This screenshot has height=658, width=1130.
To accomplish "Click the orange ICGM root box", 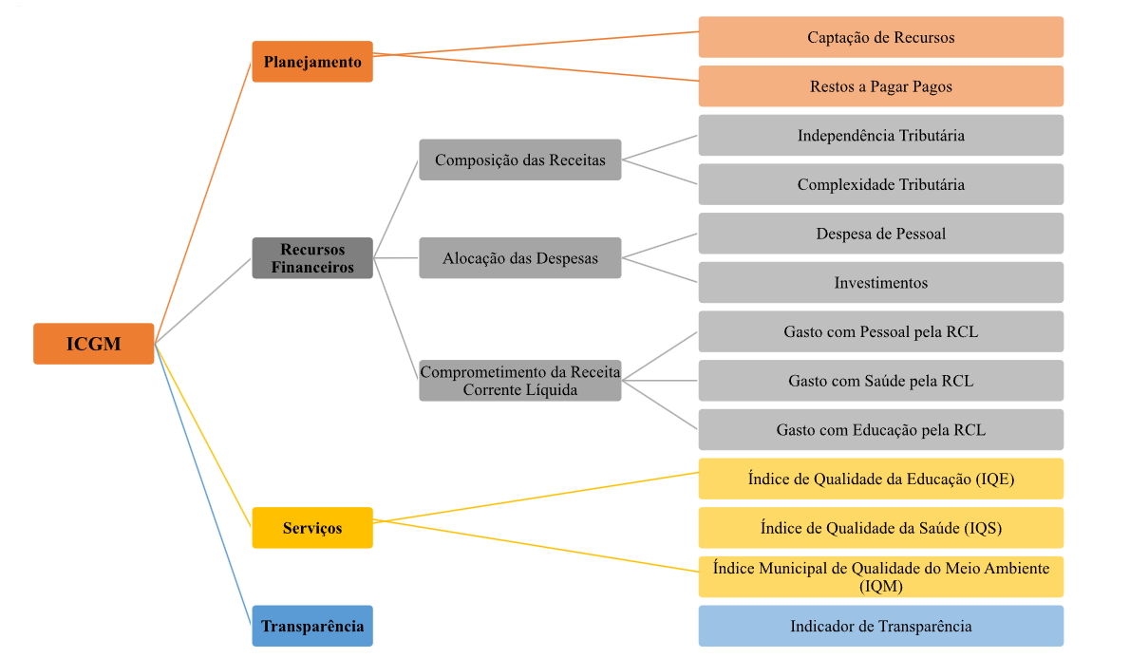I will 93,344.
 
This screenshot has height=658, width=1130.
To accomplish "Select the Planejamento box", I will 312,62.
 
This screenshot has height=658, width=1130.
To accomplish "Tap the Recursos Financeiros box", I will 312,257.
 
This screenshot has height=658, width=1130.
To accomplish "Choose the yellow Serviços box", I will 312,527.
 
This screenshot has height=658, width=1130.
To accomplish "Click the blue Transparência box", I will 312,626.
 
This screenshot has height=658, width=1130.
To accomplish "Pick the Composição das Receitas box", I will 519,160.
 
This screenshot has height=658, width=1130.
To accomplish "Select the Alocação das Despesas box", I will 519,257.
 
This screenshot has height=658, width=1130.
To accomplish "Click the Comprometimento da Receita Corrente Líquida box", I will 519,381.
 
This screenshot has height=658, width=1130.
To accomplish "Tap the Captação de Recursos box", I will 880,37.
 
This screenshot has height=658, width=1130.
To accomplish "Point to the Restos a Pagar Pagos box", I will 880,86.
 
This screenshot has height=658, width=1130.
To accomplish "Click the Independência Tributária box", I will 880,135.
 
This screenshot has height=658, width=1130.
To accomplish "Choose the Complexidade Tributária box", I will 880,184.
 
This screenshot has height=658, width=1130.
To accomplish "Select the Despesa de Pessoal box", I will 880,234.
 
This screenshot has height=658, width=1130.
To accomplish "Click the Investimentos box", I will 880,282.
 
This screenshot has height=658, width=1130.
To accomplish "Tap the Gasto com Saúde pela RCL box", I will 880,381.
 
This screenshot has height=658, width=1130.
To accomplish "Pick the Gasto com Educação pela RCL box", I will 880,429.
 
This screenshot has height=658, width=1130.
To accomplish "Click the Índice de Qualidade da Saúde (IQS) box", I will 880,527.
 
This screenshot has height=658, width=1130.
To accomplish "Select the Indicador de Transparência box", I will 880,626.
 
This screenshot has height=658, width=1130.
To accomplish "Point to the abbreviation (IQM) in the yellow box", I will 880,587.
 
